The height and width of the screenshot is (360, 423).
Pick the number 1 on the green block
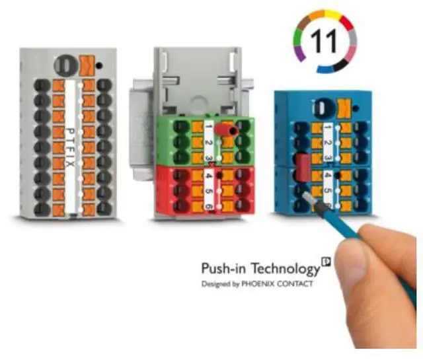click(x=207, y=126)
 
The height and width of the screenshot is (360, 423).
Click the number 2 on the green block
click(x=207, y=143)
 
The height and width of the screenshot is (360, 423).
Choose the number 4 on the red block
click(x=207, y=176)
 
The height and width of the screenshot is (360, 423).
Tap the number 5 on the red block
click(x=207, y=192)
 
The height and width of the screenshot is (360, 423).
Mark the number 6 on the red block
click(x=207, y=206)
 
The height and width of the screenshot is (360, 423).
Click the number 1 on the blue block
click(x=327, y=128)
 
